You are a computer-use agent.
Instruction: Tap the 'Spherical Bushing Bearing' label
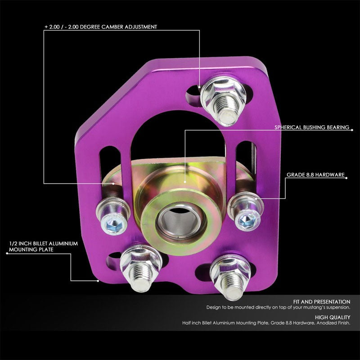(x=312, y=127)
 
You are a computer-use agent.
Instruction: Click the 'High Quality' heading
(x=333, y=317)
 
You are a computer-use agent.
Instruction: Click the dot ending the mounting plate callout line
(x=98, y=280)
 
